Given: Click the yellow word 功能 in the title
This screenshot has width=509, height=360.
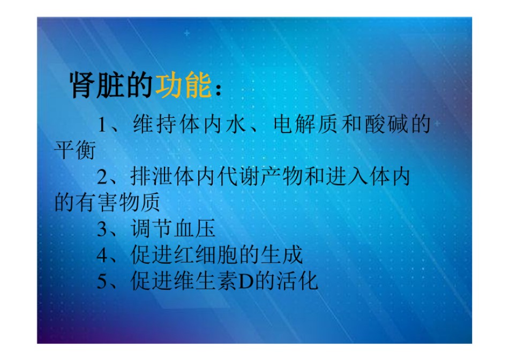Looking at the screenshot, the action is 184,85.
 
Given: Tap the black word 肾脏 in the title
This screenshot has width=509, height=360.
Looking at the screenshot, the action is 97,85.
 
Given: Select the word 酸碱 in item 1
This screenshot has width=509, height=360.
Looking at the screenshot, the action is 386,124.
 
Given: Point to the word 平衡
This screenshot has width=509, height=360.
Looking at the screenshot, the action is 75,150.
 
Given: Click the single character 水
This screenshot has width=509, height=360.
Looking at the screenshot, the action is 236,124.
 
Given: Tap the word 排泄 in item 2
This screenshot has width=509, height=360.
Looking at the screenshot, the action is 152,177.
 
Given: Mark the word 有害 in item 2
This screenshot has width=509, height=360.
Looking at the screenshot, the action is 97,202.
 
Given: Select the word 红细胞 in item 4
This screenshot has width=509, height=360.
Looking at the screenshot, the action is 206,255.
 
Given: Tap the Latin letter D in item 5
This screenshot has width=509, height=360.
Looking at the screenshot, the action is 246,282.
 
